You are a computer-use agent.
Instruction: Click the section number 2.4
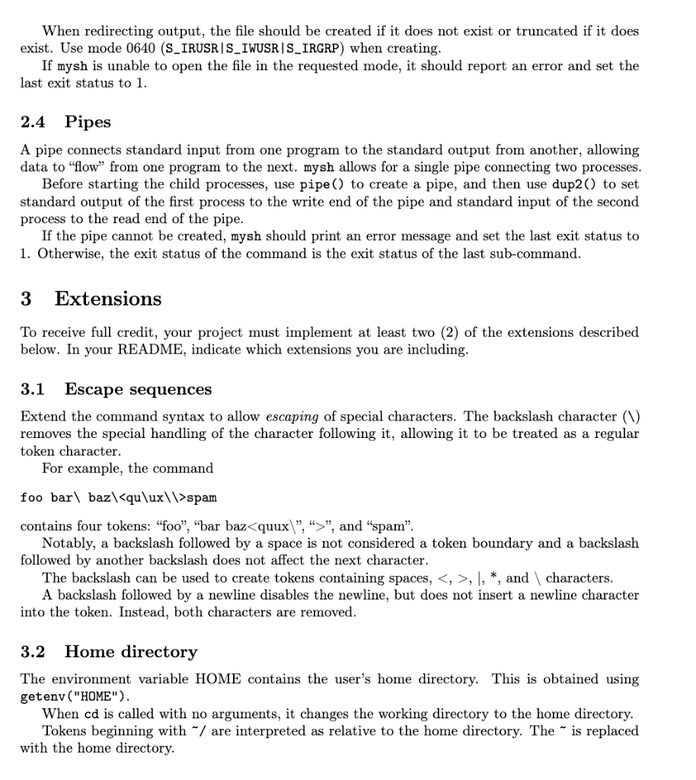[33, 122]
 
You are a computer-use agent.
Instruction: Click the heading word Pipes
[88, 122]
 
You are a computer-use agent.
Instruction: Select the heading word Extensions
[108, 299]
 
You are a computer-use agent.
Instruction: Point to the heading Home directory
[131, 651]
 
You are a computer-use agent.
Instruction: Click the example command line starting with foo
[119, 497]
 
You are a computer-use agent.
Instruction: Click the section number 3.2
[33, 651]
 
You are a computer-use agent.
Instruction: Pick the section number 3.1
[33, 389]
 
